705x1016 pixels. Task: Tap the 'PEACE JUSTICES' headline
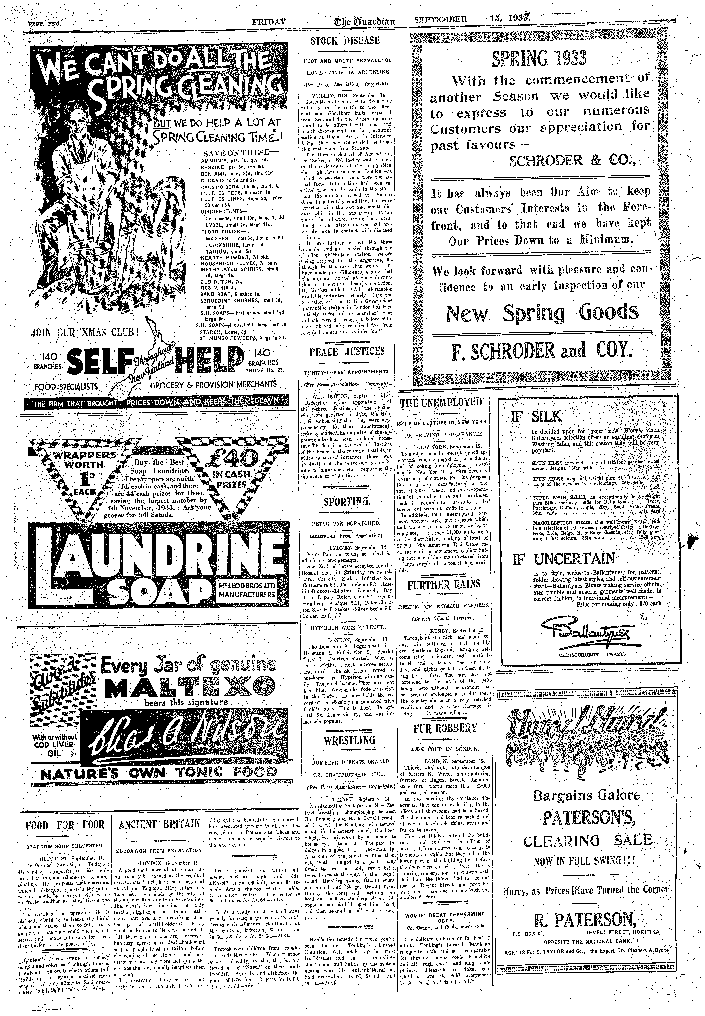pyautogui.click(x=347, y=351)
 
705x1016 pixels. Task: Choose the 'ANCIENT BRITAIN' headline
pyautogui.click(x=159, y=824)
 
